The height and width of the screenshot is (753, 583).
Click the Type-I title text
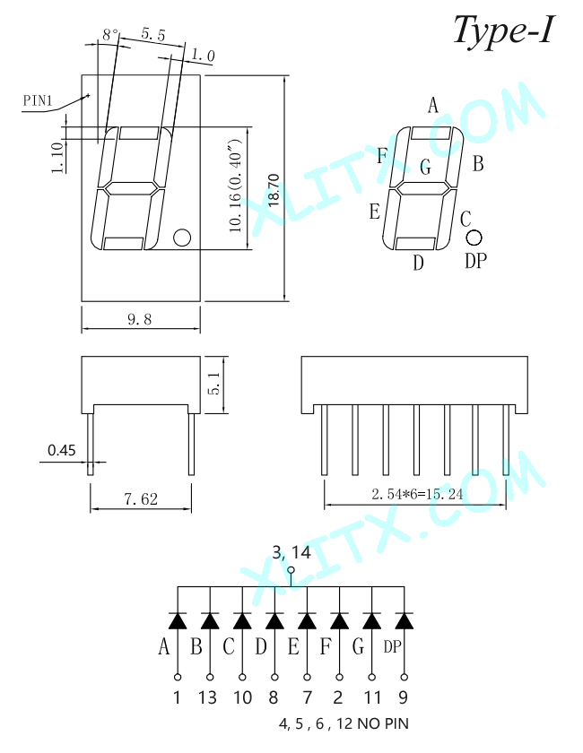tap(503, 30)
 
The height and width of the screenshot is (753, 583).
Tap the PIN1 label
tap(38, 100)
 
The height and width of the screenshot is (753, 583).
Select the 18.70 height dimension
tap(273, 190)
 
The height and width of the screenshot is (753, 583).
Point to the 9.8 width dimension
tap(139, 319)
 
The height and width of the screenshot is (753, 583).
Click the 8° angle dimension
tap(110, 35)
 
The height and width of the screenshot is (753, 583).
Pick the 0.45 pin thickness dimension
tap(62, 450)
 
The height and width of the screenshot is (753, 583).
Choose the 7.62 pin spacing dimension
tap(141, 499)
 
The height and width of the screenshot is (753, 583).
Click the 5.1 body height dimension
tap(213, 383)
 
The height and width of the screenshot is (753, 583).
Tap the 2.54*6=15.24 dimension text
tap(417, 494)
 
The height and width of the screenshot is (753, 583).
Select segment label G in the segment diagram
tap(425, 167)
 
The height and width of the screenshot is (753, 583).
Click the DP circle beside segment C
tap(474, 238)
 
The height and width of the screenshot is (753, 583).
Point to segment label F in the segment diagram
tap(382, 156)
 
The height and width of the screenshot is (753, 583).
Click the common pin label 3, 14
tap(291, 553)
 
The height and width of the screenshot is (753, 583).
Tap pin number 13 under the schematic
tap(207, 697)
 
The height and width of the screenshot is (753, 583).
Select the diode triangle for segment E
tap(307, 621)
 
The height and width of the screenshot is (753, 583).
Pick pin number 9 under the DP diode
tap(404, 697)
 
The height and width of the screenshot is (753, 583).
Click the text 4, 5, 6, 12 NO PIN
tap(344, 723)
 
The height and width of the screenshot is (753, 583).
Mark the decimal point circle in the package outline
tap(182, 238)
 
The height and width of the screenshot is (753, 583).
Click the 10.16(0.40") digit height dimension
tap(236, 186)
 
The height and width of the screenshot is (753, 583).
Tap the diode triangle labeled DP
tap(404, 621)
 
